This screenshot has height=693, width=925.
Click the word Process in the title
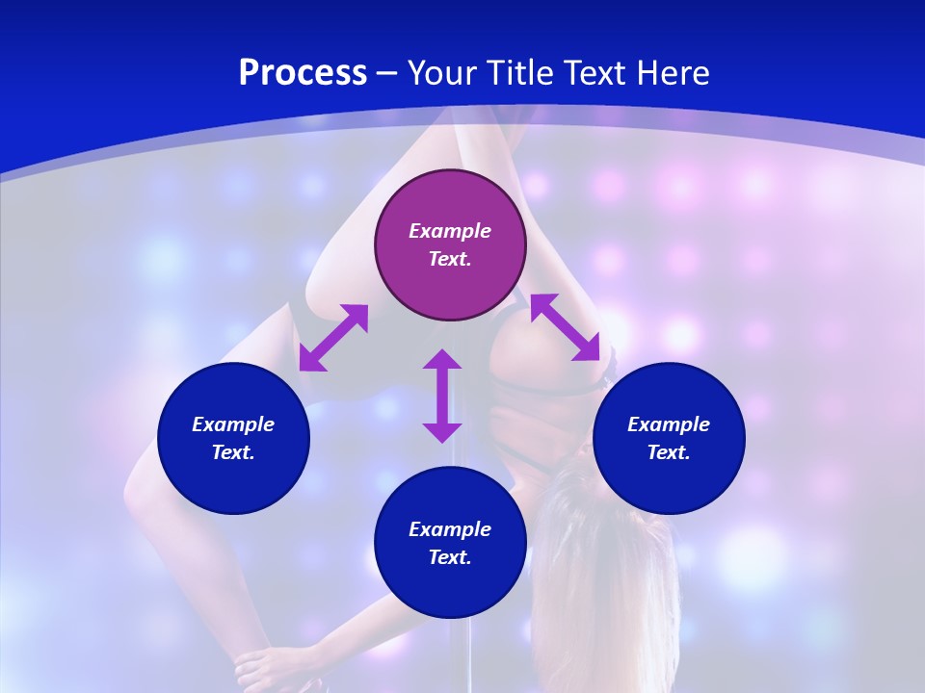click(303, 73)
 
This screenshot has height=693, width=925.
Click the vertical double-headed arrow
click(442, 396)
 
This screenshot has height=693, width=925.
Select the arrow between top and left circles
click(333, 338)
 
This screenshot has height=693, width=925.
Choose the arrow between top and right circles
click(565, 327)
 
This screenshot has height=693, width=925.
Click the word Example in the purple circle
click(450, 231)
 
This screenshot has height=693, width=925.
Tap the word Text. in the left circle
click(233, 452)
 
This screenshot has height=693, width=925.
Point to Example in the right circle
click(669, 424)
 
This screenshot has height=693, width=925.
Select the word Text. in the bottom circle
click(450, 557)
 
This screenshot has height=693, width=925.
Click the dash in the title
click(387, 73)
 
